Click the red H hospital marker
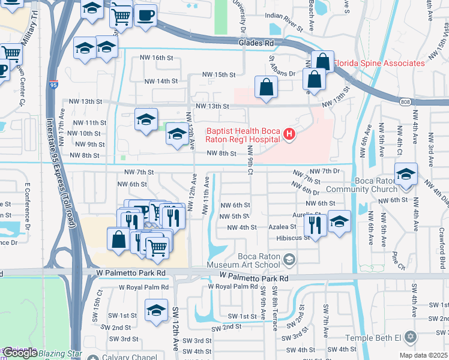289,134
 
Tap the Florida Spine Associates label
379,63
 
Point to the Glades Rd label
256,43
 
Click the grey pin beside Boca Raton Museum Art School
289,259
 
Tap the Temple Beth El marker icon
411,336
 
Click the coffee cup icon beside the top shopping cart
145,14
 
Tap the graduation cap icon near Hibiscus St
339,221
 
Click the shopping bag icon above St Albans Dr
265,87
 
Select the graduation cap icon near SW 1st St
156,311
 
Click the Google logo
20,353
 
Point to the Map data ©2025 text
423,355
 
